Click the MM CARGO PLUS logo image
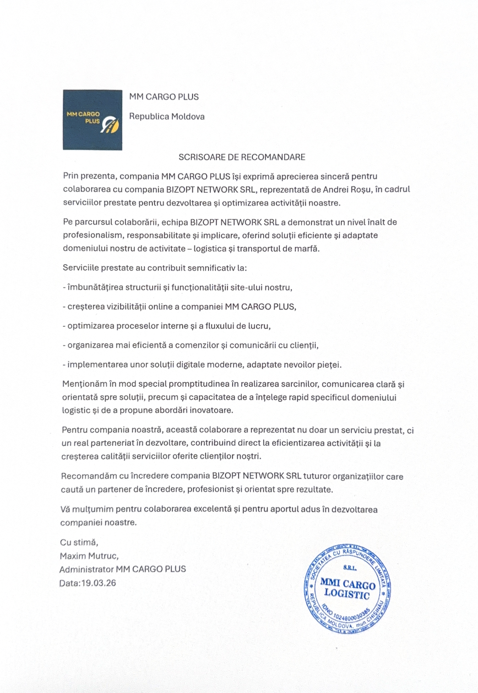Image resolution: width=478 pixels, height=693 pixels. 92,120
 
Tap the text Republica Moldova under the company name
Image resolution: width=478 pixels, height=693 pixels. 166,117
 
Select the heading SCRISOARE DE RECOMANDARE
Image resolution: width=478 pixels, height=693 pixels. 241,157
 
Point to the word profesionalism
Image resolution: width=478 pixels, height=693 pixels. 90,235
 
